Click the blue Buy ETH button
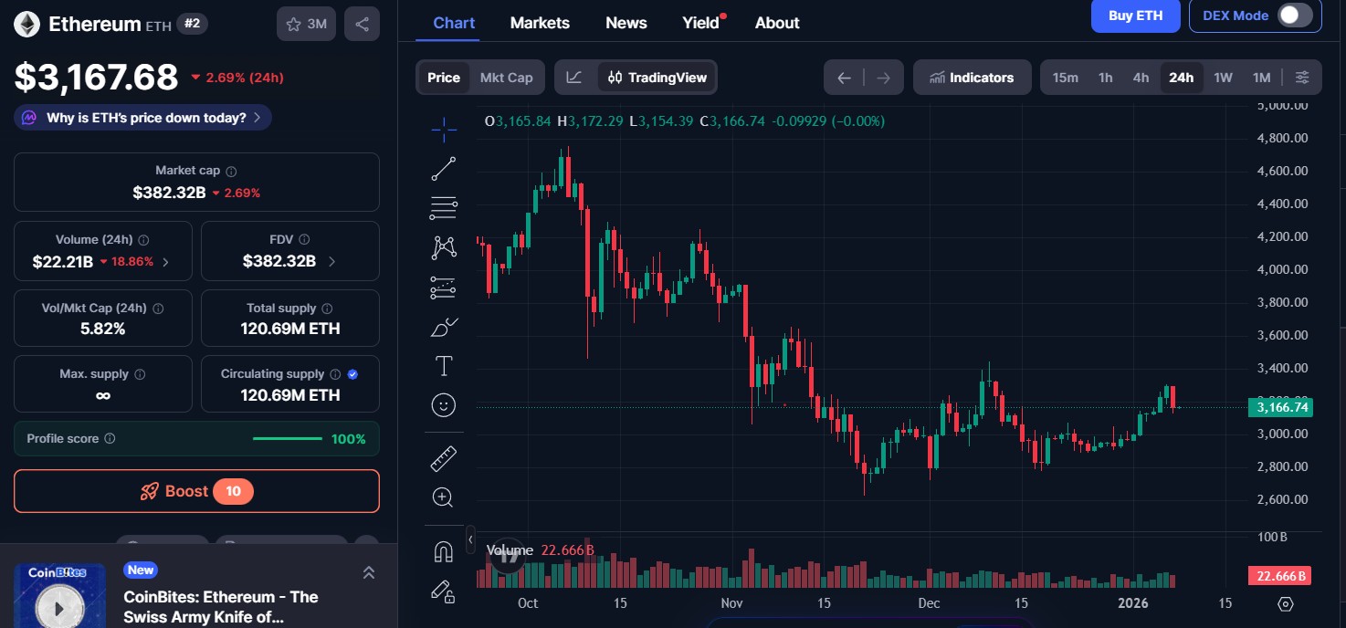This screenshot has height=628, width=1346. point(1135,16)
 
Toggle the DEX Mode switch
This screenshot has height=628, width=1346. point(1294,16)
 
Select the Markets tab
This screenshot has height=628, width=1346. point(540,23)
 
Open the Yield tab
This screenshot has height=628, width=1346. point(701,23)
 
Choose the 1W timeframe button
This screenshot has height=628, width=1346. point(1223,78)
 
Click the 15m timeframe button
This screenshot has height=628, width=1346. point(1065,78)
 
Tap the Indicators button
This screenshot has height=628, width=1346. point(972,78)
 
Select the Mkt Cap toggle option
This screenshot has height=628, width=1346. point(506,78)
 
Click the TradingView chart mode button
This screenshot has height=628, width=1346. point(657,78)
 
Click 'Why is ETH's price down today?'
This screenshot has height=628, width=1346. point(146,118)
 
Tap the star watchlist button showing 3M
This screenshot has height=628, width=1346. point(306,25)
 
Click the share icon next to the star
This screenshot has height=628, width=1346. point(362,25)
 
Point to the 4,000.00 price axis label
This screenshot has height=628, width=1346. point(1282,269)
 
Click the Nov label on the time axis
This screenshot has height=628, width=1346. point(731,602)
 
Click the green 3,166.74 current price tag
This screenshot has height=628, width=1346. point(1281,407)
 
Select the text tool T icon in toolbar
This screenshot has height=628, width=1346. point(443,366)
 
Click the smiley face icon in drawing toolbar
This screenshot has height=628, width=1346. point(443,405)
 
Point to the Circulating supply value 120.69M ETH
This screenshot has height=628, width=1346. point(289,395)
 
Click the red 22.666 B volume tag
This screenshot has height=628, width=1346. point(1280,576)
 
